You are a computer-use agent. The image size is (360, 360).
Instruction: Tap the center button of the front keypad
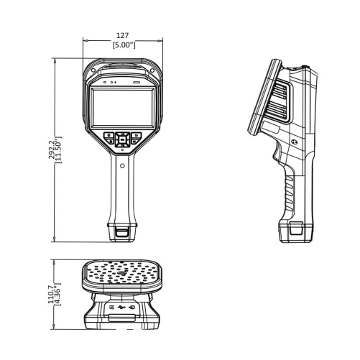pyautogui.click(x=121, y=136)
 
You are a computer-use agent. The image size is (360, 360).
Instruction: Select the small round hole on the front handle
pyautogui.click(x=121, y=166)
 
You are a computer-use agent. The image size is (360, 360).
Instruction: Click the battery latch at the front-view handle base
pyautogui.click(x=121, y=232)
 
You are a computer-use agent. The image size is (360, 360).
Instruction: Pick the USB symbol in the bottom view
pyautogui.click(x=121, y=308)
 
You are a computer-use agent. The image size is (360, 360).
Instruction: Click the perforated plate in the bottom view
pyautogui.click(x=121, y=274)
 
